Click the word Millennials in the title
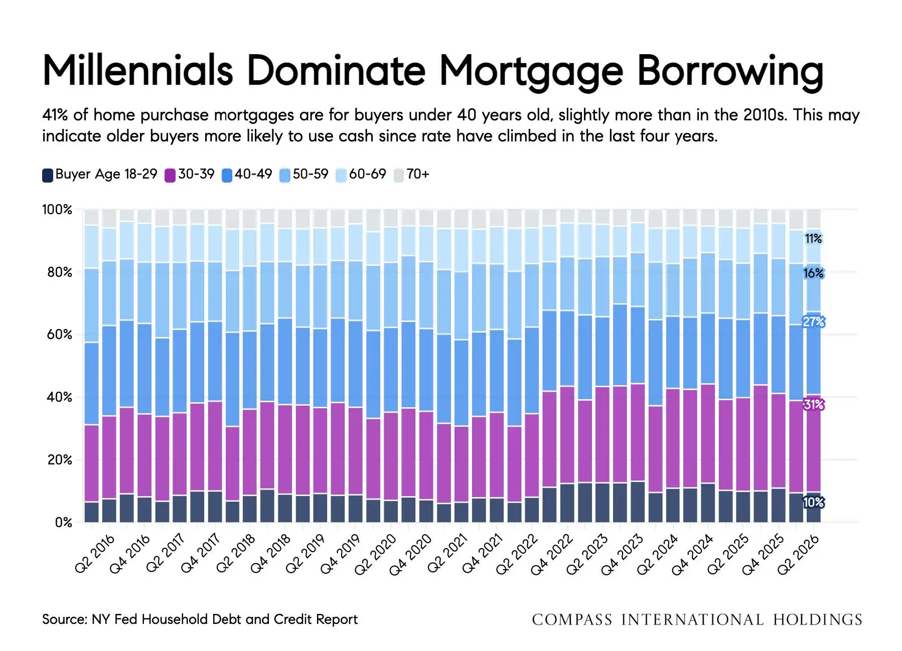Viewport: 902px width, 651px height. [138, 70]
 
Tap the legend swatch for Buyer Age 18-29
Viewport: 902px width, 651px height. [48, 175]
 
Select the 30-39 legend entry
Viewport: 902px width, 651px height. [190, 175]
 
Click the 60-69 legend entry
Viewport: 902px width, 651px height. [361, 175]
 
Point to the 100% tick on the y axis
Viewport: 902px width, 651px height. [57, 210]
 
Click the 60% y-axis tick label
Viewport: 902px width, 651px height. [59, 335]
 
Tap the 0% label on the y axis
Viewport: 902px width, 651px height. [64, 523]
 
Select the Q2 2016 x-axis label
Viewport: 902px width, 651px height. [95, 554]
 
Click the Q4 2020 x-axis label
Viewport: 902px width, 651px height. [410, 554]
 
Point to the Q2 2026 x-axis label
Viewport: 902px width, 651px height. [798, 554]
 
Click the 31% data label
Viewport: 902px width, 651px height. [813, 404]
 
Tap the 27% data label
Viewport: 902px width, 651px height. [813, 321]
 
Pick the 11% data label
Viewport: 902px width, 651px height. [813, 239]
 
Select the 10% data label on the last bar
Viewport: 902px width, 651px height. [813, 502]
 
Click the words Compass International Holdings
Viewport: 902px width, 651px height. [697, 620]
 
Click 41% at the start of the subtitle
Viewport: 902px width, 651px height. [55, 115]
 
